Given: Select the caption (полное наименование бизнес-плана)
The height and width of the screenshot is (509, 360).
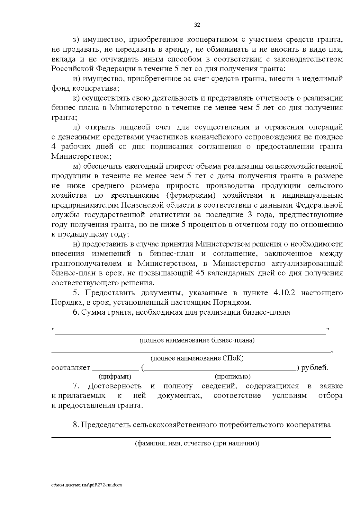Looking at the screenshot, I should coord(197,340).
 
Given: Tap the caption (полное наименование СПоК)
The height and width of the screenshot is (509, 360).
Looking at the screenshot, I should coord(197,358).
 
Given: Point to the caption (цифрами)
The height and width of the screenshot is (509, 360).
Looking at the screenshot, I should coord(115,376).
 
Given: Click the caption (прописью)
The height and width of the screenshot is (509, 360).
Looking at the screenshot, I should coord(232,376).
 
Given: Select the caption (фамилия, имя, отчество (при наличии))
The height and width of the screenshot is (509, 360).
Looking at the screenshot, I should coord(197,443).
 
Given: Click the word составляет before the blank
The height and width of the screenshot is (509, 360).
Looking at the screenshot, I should coord(71,367).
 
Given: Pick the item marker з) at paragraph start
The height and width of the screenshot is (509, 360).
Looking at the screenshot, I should coord(76,40).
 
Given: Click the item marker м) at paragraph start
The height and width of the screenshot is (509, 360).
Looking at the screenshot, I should coord(76,166).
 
